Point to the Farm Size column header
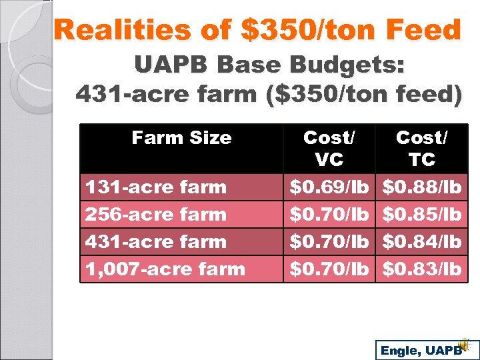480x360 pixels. [181, 138]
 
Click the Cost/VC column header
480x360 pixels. [329, 149]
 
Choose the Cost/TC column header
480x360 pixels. [421, 149]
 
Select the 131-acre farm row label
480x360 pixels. [156, 187]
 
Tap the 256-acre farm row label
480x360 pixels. [156, 215]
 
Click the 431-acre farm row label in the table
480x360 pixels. [156, 242]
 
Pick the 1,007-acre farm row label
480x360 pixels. [165, 269]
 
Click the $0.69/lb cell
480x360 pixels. [329, 187]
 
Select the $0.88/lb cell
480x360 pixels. [421, 187]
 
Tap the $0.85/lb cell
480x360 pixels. [421, 215]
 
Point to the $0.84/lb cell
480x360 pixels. [421, 242]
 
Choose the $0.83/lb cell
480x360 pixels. [421, 269]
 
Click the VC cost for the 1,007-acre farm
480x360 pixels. [329, 269]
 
